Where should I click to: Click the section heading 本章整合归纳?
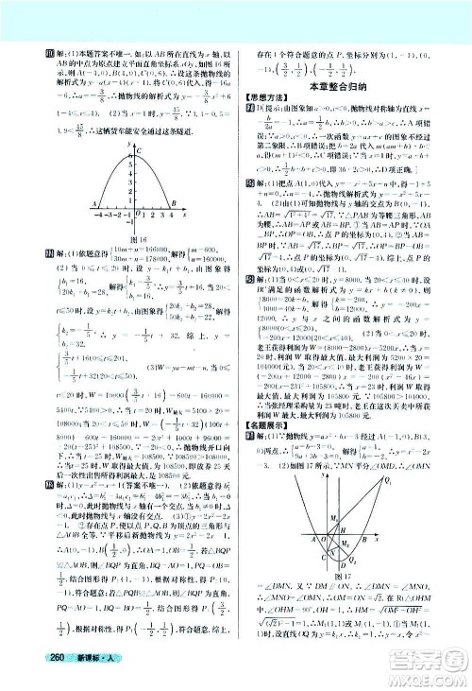(x=353, y=87)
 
